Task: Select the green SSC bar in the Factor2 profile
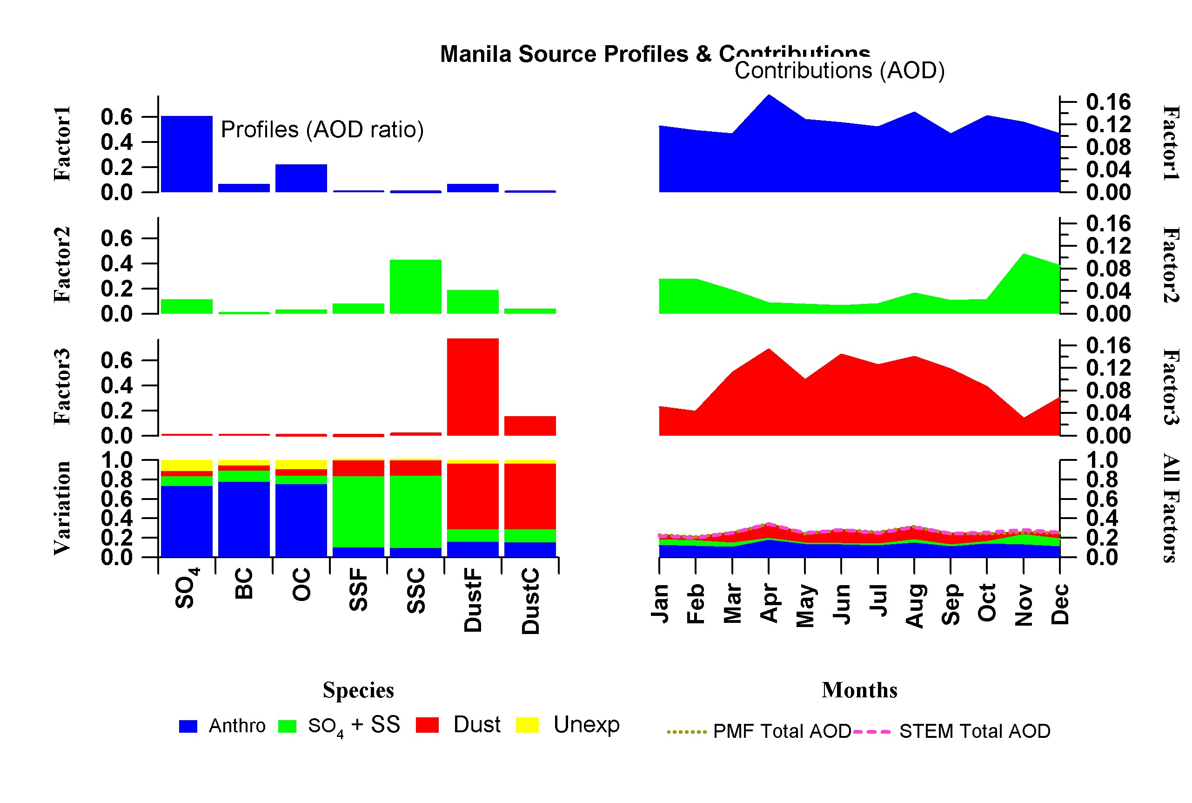[x=415, y=286]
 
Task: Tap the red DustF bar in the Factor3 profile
[x=472, y=387]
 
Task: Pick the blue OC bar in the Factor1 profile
[x=301, y=178]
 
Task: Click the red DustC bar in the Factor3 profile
[x=530, y=425]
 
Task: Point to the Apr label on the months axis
[x=769, y=603]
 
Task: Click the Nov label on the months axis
[x=1023, y=604]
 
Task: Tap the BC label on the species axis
[x=244, y=583]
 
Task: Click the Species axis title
[x=358, y=690]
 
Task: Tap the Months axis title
[x=859, y=690]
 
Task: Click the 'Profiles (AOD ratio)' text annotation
[x=322, y=129]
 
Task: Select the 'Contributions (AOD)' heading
[x=839, y=71]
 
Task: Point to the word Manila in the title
[x=475, y=54]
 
